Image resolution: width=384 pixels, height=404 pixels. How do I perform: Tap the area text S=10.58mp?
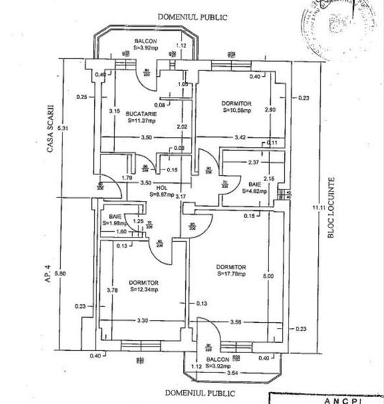(238, 111)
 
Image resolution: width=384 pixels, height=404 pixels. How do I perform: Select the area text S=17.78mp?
(231, 273)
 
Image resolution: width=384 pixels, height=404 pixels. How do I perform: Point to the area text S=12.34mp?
(144, 290)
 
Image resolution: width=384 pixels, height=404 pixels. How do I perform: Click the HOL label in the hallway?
(161, 187)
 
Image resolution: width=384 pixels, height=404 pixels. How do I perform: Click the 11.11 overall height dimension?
(313, 209)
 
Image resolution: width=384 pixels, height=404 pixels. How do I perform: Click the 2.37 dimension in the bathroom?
(252, 161)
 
